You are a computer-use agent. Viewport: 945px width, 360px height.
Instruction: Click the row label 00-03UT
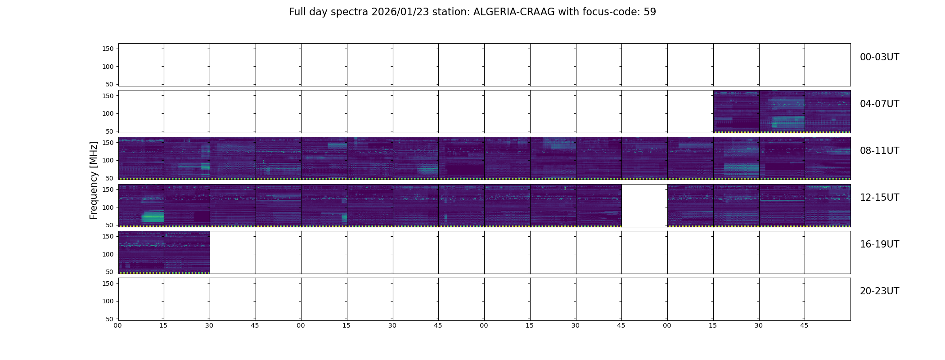point(879,57)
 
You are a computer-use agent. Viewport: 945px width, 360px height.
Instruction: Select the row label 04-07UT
point(879,104)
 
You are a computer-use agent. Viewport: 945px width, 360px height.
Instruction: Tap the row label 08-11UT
point(879,151)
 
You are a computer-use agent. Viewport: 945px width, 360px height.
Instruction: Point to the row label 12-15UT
point(879,198)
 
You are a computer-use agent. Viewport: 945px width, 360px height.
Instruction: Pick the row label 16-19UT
point(879,244)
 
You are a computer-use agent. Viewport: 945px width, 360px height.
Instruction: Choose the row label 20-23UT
point(879,291)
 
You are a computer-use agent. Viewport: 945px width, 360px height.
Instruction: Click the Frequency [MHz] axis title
point(94,180)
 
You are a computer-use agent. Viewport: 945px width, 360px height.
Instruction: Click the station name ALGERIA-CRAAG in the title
point(514,12)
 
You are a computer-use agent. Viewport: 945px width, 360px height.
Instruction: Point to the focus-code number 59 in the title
point(650,12)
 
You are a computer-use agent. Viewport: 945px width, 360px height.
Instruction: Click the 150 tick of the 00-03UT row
point(108,49)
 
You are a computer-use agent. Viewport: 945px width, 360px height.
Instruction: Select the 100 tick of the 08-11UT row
point(108,160)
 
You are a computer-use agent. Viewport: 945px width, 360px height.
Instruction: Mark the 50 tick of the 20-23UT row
point(110,319)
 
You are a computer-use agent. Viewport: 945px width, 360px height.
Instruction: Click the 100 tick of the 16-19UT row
point(108,254)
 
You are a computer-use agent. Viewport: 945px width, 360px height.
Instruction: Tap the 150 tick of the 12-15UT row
point(108,189)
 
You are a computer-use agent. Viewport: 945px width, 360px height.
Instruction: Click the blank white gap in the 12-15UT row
point(644,205)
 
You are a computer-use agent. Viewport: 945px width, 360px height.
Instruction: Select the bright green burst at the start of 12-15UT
point(152,217)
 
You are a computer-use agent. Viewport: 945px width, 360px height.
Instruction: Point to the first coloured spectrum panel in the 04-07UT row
point(736,111)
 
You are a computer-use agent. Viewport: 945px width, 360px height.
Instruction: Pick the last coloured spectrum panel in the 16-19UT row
point(187,252)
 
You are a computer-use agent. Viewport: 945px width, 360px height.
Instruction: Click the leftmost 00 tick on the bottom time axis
point(118,325)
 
